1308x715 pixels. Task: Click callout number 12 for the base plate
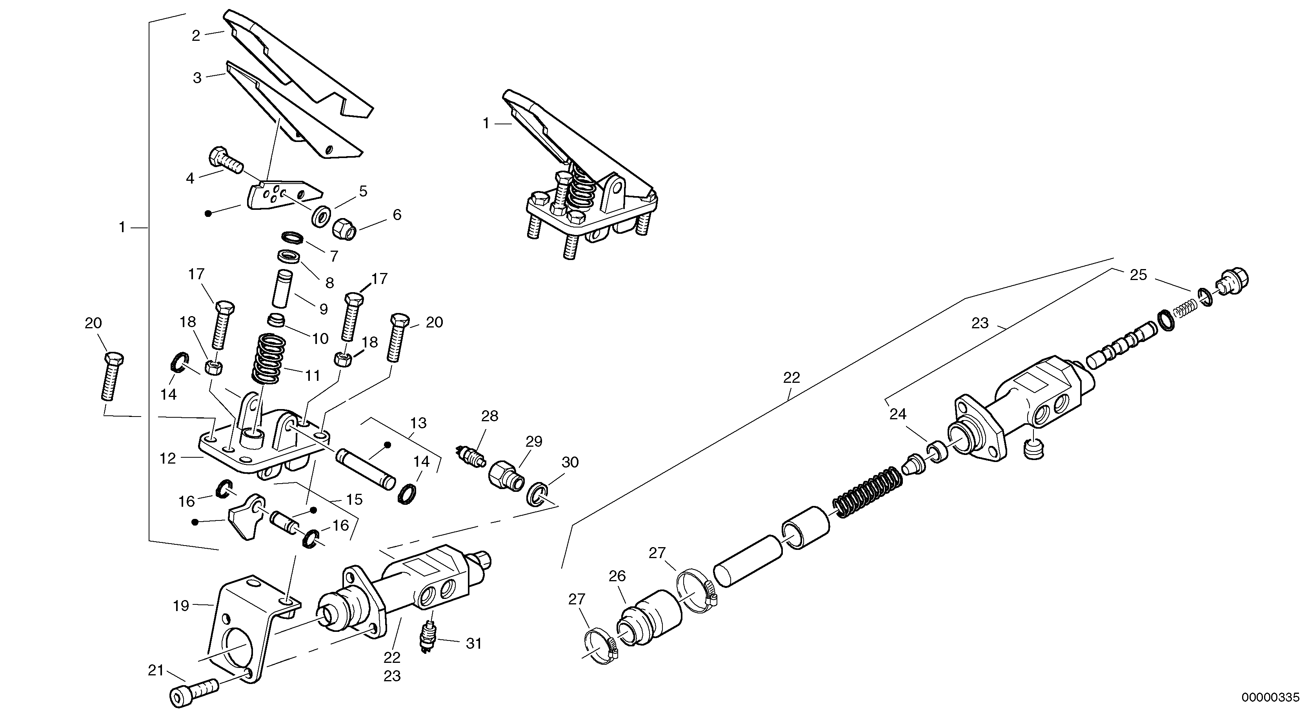(167, 458)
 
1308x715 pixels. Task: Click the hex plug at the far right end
(1233, 282)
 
